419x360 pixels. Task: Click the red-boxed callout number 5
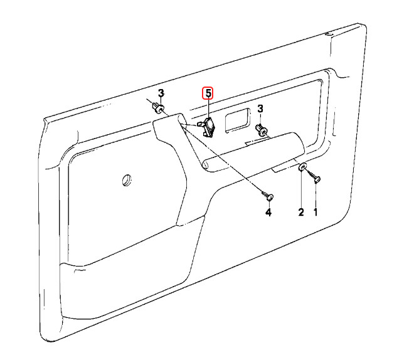[x=207, y=93]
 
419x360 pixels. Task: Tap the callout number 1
[x=316, y=213]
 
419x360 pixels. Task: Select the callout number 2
[x=301, y=213]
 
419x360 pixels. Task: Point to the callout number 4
[x=268, y=213]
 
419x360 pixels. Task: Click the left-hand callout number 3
[x=161, y=93]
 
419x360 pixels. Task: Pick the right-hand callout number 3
[x=261, y=109]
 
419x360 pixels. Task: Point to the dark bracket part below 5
[x=209, y=127]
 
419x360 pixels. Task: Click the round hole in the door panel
[x=127, y=180]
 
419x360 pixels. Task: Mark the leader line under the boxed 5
[x=208, y=109]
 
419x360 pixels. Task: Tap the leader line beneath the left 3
[x=161, y=102]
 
